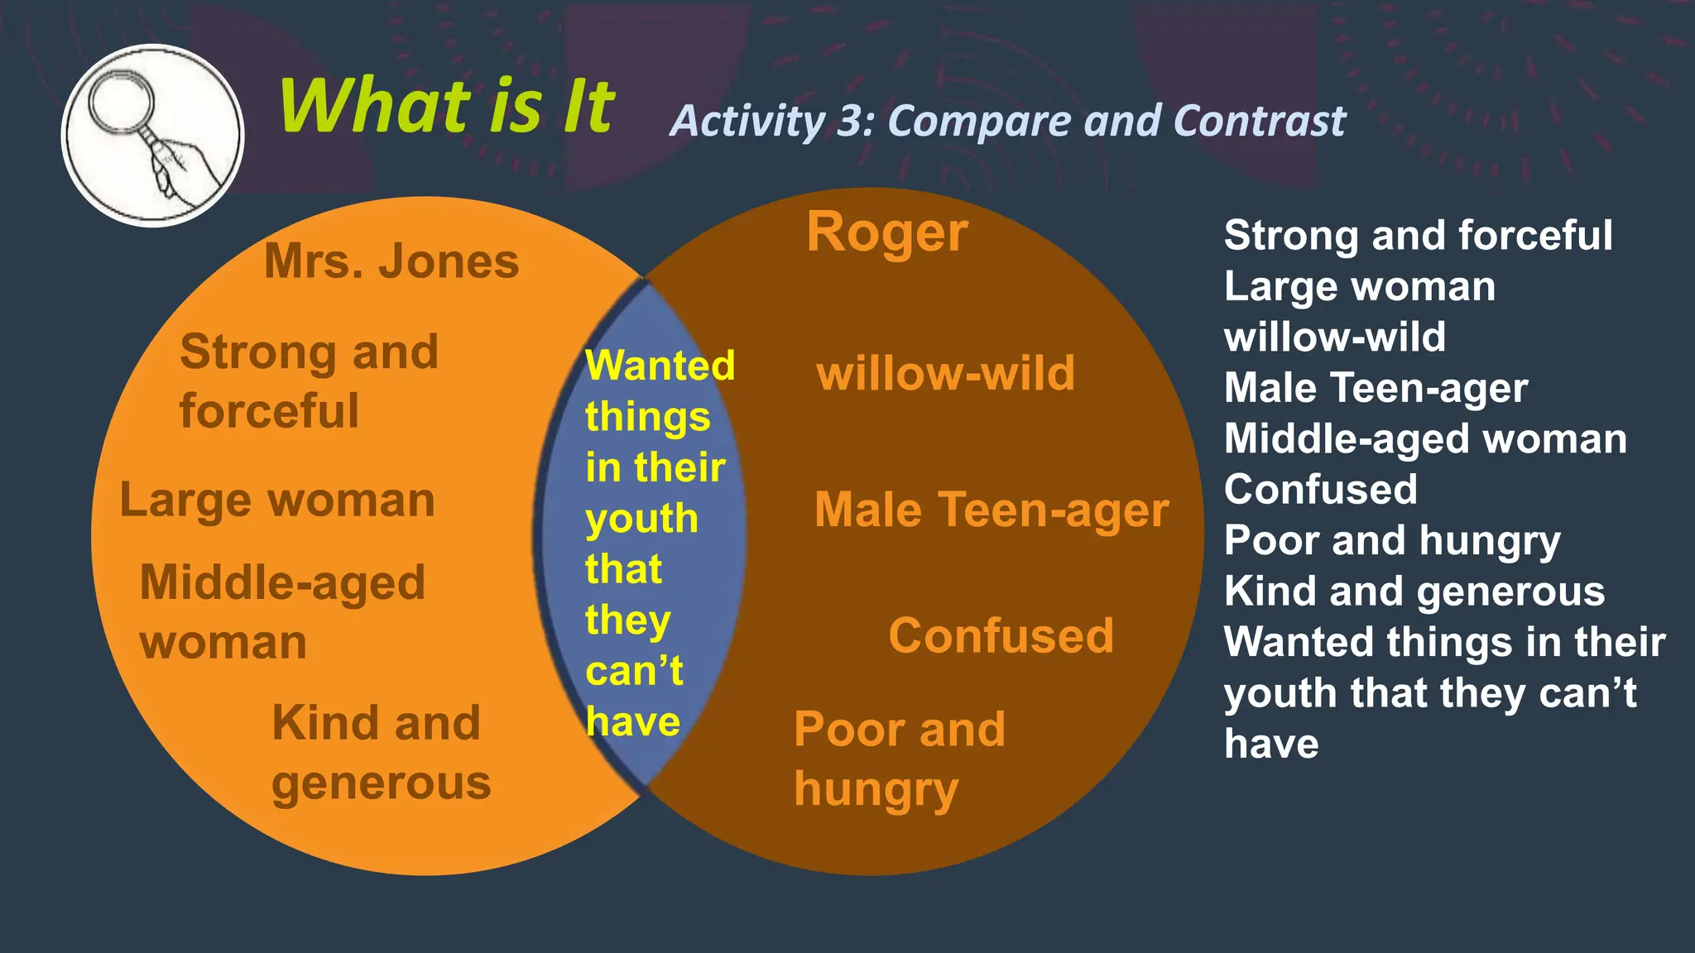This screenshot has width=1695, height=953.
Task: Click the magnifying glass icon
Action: pos(152,135)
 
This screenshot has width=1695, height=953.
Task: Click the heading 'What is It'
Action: pos(447,106)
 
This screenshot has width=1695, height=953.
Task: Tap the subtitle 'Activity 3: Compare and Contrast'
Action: pos(1007,121)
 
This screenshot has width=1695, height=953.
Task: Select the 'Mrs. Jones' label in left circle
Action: pos(391,261)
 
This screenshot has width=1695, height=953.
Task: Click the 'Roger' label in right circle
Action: pos(887,232)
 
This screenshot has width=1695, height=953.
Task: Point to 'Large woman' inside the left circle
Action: pos(277,500)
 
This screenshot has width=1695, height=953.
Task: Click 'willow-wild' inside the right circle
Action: pos(945,373)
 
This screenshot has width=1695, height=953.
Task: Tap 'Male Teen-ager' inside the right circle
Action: pos(992,510)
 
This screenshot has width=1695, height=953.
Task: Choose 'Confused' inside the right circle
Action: pos(1001,635)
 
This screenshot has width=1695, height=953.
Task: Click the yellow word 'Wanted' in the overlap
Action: pos(660,365)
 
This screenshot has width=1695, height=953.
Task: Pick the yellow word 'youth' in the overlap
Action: pos(641,520)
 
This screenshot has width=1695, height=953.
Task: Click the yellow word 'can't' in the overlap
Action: pos(634,670)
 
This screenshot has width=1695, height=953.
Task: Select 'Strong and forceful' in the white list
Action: pos(1418,235)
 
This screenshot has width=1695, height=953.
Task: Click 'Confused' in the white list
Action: pos(1320,489)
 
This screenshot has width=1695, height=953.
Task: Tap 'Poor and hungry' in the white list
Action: pos(1392,540)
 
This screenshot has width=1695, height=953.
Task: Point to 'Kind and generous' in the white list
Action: pos(1414,591)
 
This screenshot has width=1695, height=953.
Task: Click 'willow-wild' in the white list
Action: pos(1334,337)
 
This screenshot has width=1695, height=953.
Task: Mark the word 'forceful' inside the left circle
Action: pos(269,411)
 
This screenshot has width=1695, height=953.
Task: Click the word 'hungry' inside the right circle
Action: pos(876,790)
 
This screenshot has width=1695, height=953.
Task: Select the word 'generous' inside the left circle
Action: pos(381,783)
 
